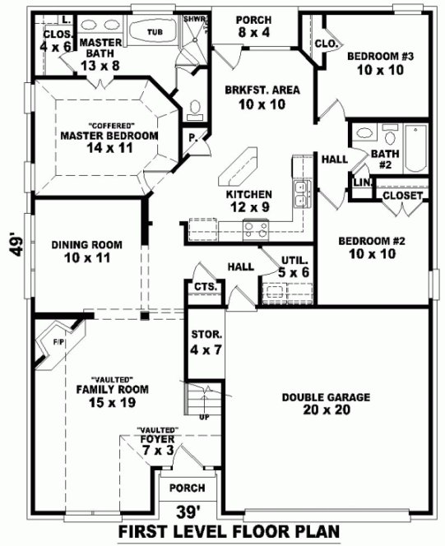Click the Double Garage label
(326, 403)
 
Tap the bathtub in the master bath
(154, 31)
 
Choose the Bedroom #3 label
(379, 63)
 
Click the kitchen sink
(301, 192)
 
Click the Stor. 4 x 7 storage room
(202, 342)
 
